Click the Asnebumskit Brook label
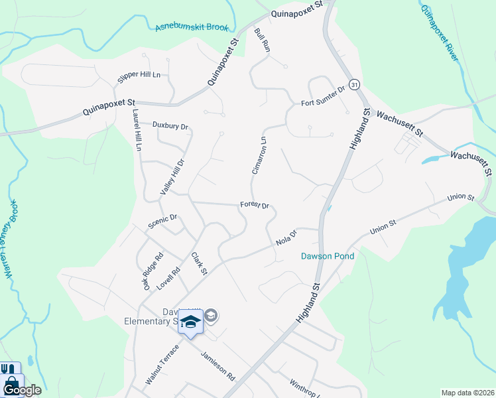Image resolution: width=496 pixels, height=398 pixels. [192, 27]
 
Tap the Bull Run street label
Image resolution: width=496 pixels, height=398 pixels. [263, 40]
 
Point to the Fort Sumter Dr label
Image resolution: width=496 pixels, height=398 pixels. [324, 96]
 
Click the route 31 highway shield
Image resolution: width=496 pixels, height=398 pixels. [355, 84]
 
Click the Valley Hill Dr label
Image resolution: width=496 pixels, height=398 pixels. [171, 176]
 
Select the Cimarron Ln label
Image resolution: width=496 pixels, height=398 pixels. [259, 155]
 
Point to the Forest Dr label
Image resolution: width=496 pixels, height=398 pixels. [255, 206]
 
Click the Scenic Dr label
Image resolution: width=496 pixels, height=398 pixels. [163, 220]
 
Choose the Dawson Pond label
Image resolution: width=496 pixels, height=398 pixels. [328, 256]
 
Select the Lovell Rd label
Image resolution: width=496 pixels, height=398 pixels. [168, 279]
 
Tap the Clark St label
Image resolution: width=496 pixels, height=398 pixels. [200, 263]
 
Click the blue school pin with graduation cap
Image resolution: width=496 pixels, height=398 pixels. [190, 323]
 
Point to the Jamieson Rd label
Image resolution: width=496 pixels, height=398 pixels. [218, 365]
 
